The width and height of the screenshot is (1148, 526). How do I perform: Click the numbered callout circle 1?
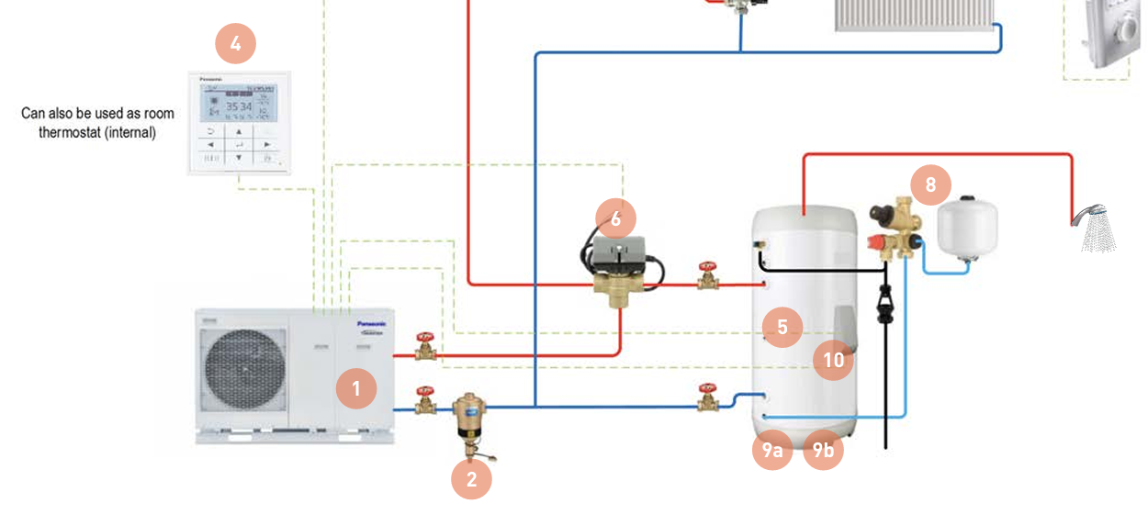[356, 388]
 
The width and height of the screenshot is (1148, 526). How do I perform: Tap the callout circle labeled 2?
[472, 478]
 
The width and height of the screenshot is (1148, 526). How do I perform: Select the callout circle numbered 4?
[235, 42]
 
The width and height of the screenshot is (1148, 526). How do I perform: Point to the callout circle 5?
[782, 326]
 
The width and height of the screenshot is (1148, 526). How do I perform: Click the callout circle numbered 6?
[615, 218]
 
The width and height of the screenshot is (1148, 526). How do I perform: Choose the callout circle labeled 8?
[930, 185]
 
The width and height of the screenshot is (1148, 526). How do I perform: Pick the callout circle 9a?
[771, 450]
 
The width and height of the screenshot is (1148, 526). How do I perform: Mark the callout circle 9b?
[823, 450]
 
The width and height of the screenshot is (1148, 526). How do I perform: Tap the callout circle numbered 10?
[833, 360]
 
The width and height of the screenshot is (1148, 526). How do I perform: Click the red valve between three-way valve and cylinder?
[707, 274]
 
